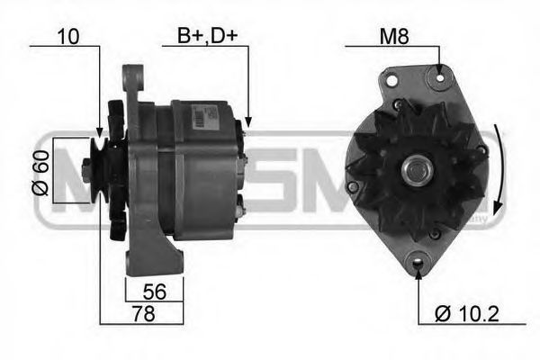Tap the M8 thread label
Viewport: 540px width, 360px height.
pos(392,37)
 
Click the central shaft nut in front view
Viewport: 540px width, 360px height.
pos(416,169)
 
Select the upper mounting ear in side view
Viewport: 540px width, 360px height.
pos(136,84)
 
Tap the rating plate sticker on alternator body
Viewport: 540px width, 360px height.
pos(195,117)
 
